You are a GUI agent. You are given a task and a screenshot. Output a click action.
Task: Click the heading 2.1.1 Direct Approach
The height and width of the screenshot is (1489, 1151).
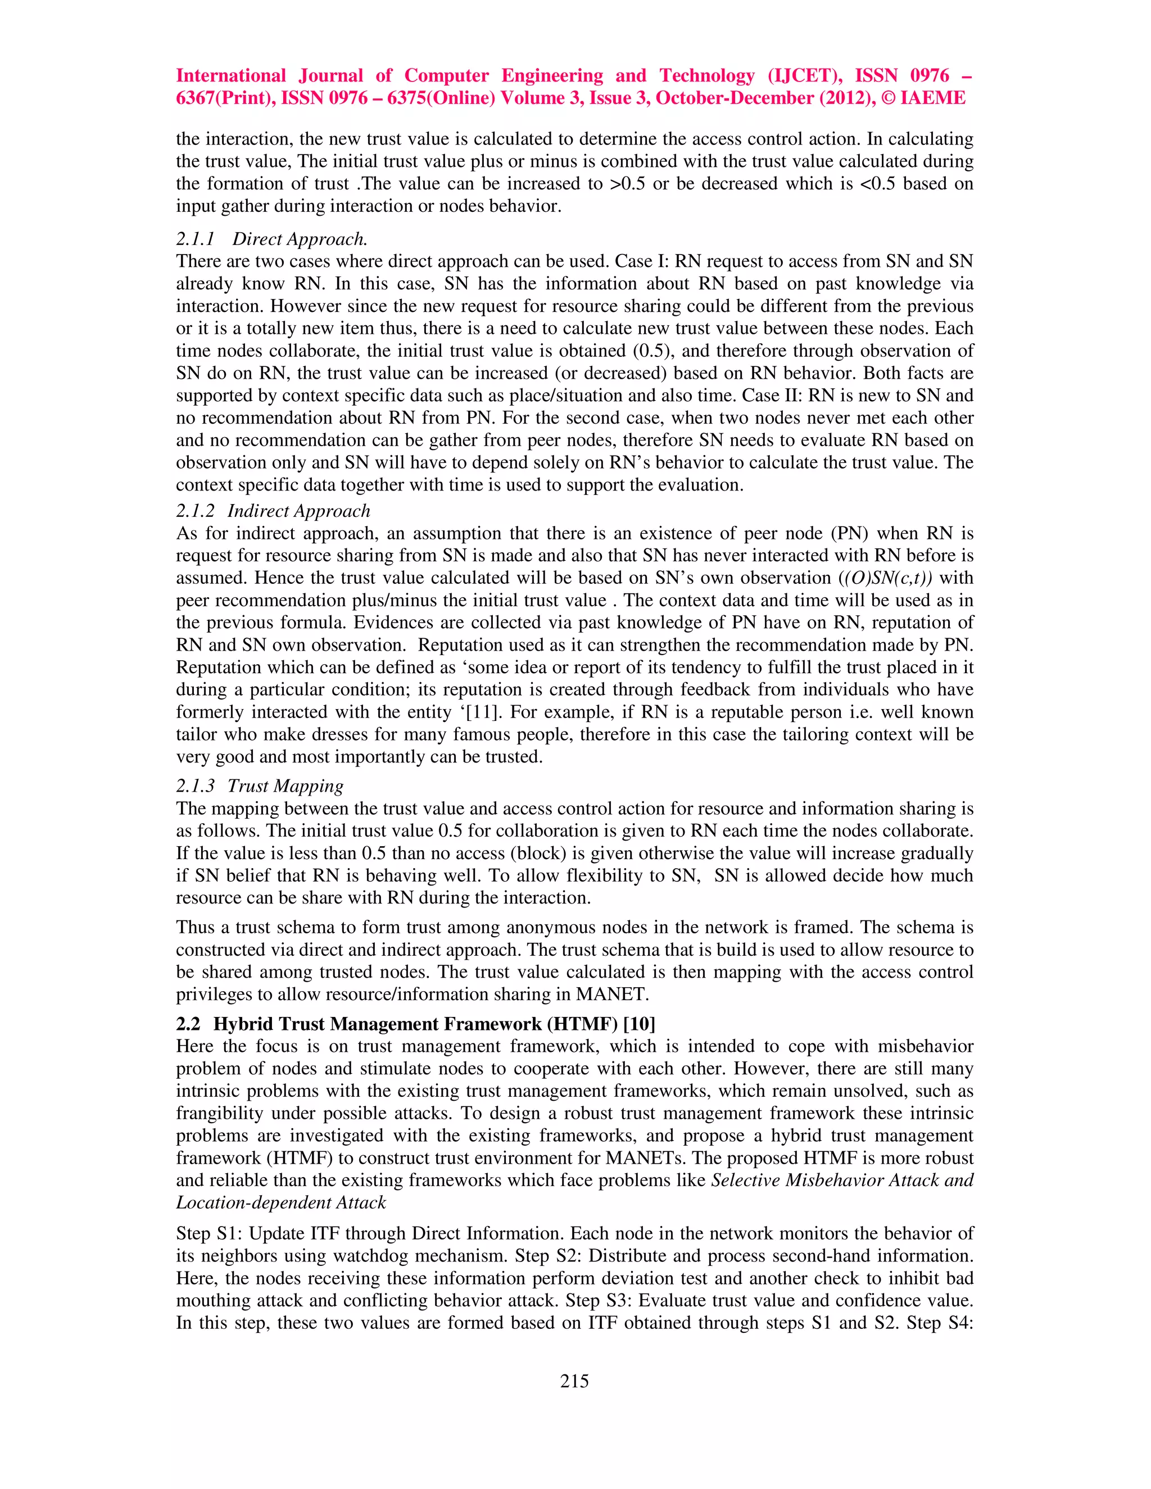tap(272, 239)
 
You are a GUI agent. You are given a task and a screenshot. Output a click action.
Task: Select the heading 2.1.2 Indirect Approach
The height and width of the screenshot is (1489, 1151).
tap(273, 511)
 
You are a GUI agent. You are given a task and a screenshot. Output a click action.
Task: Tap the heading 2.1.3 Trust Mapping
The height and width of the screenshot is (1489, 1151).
tap(260, 786)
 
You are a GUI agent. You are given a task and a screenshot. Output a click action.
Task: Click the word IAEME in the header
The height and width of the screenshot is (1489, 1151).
tap(933, 98)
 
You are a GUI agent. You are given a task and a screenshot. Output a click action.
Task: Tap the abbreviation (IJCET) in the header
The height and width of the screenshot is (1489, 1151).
tap(805, 76)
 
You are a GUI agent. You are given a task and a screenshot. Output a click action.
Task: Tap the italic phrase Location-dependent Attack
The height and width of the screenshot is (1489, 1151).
tap(281, 1202)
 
